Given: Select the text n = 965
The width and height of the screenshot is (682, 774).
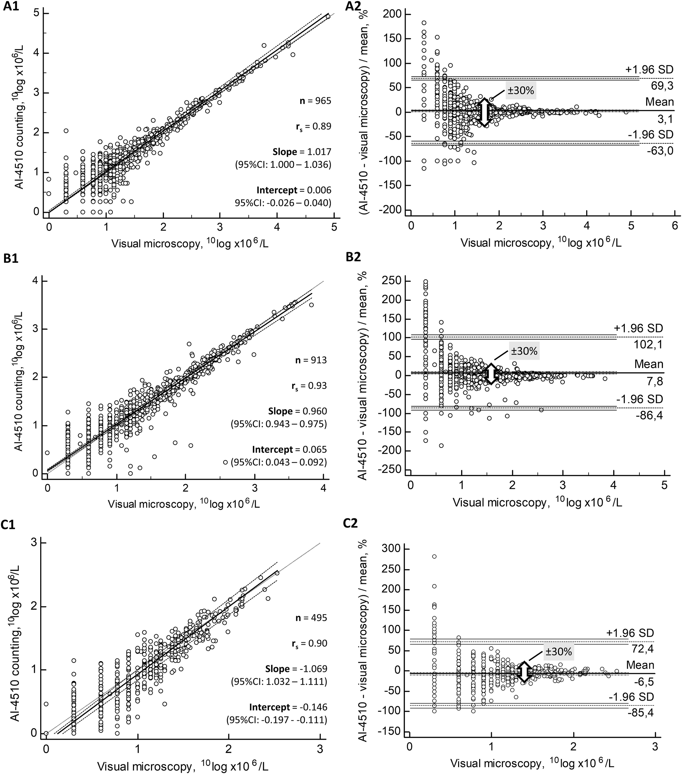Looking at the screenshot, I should tap(314, 101).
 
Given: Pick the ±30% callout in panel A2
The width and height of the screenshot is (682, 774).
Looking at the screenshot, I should tap(522, 91).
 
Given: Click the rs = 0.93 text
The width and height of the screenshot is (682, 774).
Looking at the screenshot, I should tap(311, 386).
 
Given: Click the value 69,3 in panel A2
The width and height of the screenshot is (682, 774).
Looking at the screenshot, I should tap(662, 86).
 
